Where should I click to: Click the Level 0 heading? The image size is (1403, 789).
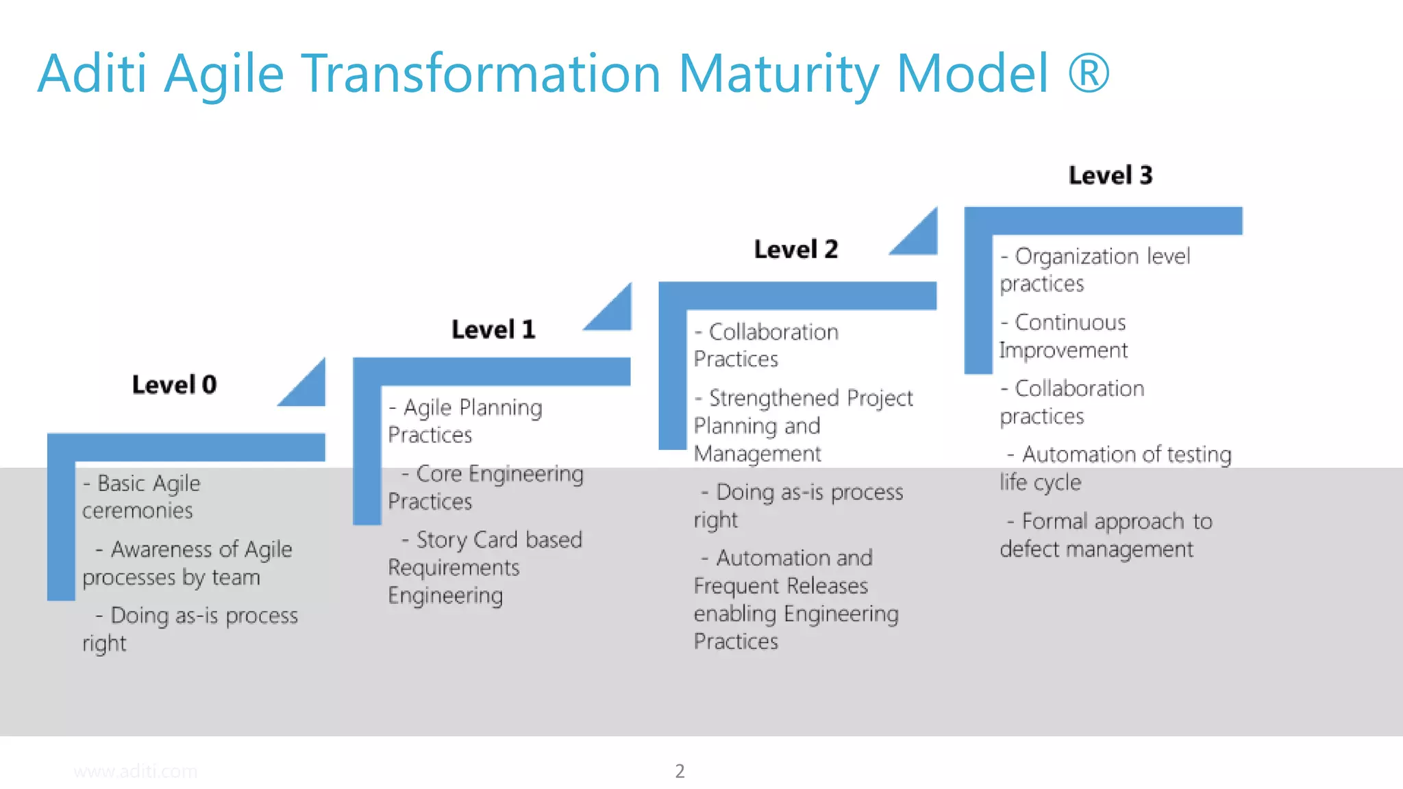[x=174, y=385]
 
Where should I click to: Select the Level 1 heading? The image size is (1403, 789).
[x=493, y=329]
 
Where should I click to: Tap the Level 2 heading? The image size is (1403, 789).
[x=795, y=249]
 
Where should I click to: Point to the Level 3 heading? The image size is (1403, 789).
[x=1110, y=175]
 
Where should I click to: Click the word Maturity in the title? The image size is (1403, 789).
[x=778, y=73]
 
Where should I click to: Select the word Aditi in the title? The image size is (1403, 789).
[x=92, y=73]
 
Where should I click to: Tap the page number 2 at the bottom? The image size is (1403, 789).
[x=680, y=771]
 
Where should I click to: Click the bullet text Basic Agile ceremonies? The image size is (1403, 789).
[x=141, y=497]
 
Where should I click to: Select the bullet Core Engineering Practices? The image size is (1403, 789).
[x=485, y=487]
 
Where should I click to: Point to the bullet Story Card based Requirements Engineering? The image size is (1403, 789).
[x=485, y=567]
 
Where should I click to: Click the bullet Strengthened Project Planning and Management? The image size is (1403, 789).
[x=803, y=425]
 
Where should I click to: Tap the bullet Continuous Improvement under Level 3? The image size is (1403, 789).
[x=1063, y=336]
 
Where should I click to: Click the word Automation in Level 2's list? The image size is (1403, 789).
[x=760, y=558]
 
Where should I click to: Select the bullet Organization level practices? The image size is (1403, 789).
[x=1094, y=270]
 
